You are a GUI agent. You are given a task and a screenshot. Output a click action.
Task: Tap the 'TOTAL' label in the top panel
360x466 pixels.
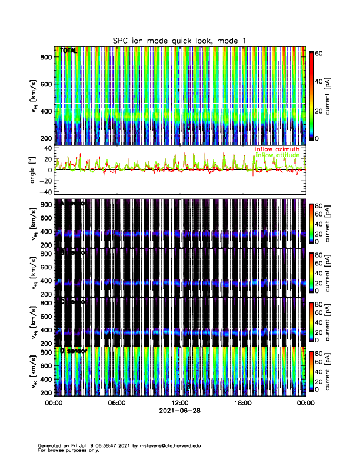coord(69,51)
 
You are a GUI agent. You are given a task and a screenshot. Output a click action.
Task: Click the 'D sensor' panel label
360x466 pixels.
coord(73,351)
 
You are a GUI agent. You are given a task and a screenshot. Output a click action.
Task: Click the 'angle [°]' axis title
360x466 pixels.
coord(34,169)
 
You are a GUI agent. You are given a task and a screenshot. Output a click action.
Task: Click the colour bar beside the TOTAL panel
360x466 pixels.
coord(312,95)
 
